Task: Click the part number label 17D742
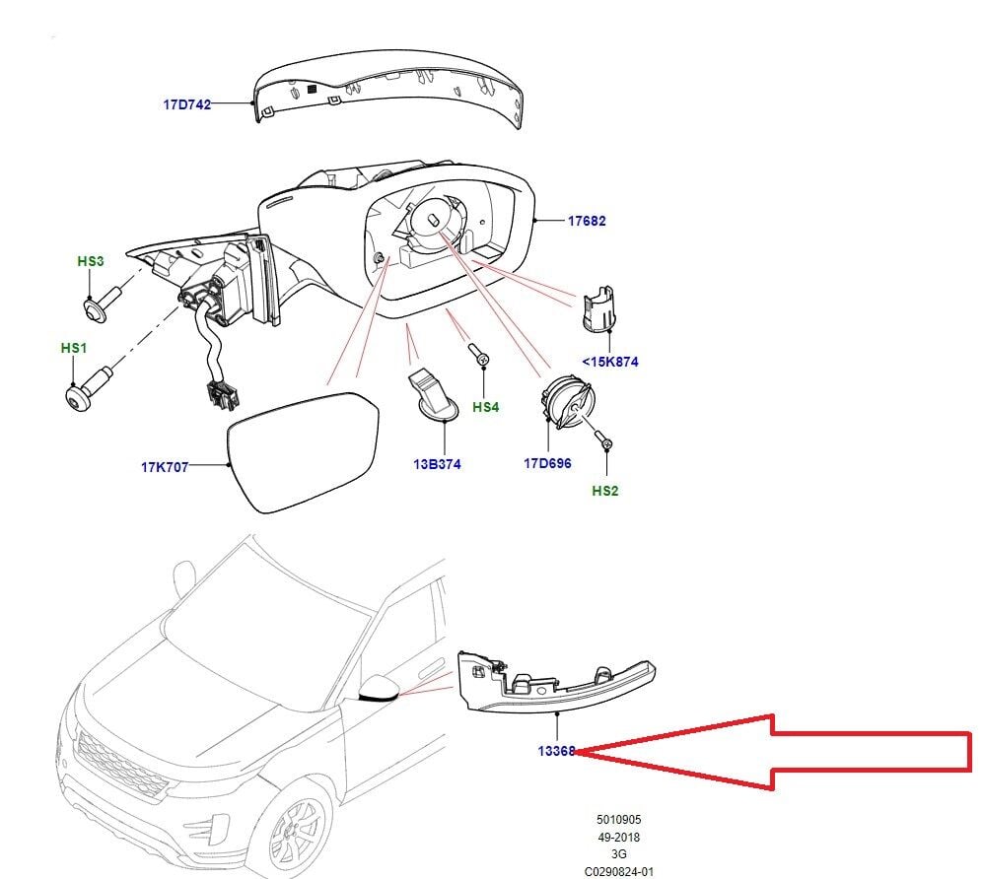[x=186, y=103]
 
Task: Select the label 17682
[x=586, y=221]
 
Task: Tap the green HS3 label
[x=90, y=261]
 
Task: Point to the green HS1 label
[x=74, y=349]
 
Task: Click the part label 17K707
[x=165, y=467]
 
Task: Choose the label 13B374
[x=437, y=464]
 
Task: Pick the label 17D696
[x=547, y=463]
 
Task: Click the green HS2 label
[x=605, y=490]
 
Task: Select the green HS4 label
[x=486, y=406]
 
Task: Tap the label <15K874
[x=609, y=362]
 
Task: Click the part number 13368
[x=556, y=751]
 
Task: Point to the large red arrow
[x=789, y=751]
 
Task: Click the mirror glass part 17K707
[x=301, y=449]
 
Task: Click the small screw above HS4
[x=479, y=358]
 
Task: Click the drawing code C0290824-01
[x=617, y=871]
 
